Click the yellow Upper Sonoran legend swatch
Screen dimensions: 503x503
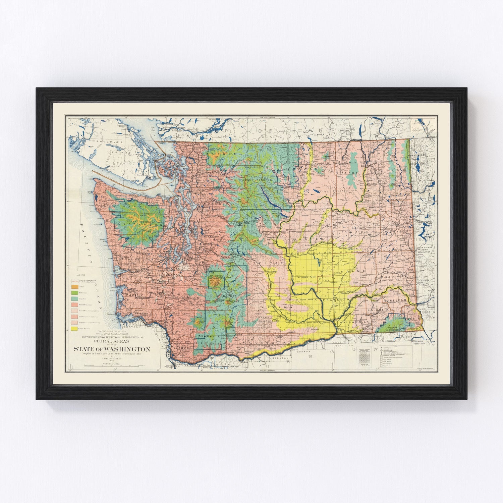click(x=74, y=329)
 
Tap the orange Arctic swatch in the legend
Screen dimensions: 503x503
click(x=74, y=287)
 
